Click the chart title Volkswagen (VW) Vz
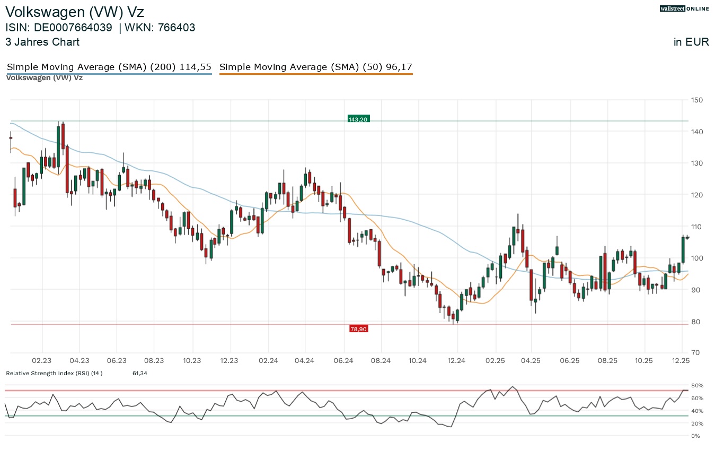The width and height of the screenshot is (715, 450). point(74,12)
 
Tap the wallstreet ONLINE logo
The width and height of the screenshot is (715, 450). point(684,8)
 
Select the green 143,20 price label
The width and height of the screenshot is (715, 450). point(358,119)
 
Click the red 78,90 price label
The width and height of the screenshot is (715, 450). point(358,329)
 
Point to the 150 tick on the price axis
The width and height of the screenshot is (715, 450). point(696,100)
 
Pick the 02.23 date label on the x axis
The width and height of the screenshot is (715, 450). point(41,361)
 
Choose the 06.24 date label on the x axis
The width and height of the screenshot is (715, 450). point(344,361)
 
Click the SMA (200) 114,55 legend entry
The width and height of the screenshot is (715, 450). point(109,67)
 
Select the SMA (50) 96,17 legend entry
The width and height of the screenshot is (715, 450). point(315,67)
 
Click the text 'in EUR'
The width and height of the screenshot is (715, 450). point(691,42)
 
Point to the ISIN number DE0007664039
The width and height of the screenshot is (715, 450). point(73,28)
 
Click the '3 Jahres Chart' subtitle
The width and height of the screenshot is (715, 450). point(42,42)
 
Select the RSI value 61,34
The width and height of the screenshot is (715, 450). point(139,374)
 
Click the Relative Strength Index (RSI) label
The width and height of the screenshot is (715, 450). point(54,374)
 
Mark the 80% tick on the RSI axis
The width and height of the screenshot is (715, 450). point(696,386)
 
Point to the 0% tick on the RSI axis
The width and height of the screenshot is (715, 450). point(695,436)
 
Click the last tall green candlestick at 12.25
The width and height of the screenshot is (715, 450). point(683,249)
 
